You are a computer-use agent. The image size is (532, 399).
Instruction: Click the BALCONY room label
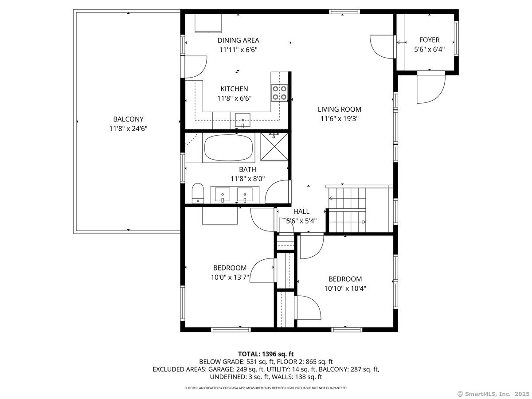(128, 119)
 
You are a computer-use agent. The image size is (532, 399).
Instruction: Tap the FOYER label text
(429, 40)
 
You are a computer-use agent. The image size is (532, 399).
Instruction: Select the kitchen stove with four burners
(279, 93)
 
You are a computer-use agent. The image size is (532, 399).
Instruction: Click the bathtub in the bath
(229, 148)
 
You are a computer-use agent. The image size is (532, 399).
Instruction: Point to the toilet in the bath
(198, 194)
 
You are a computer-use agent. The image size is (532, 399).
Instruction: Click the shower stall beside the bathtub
(274, 147)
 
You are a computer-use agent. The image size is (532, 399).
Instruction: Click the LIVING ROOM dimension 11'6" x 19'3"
(339, 118)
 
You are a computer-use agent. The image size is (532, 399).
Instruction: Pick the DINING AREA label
(238, 40)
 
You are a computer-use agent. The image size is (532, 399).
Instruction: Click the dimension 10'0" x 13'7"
(230, 278)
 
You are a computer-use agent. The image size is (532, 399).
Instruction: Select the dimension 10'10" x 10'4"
(345, 288)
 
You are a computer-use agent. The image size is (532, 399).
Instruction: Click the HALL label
(301, 211)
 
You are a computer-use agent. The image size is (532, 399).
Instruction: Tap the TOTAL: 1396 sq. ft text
(266, 354)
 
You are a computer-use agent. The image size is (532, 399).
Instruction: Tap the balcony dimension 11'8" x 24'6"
(128, 129)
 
